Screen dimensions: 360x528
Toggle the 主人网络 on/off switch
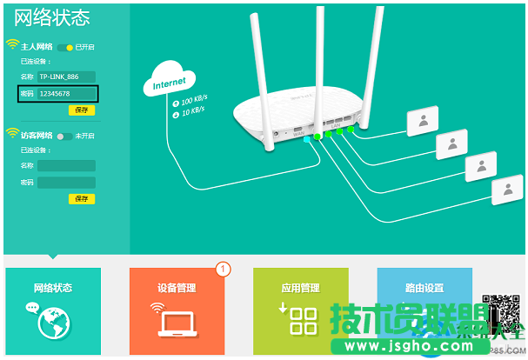point(65,46)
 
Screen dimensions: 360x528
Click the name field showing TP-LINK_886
point(65,77)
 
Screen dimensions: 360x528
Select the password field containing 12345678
point(65,93)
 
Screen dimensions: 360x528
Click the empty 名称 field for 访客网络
point(65,166)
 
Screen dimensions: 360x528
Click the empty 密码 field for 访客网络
point(65,183)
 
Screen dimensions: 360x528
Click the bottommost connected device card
point(506,190)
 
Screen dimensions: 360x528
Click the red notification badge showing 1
point(222,270)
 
